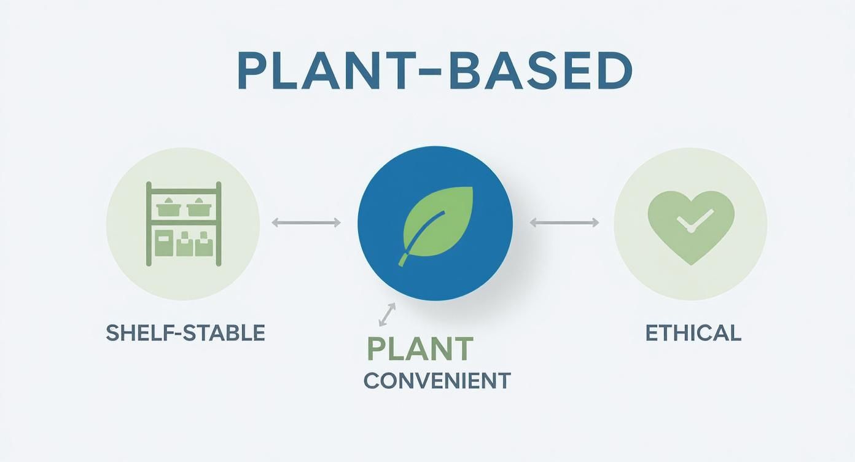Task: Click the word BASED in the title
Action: click(x=541, y=71)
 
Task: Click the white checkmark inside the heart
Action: click(x=694, y=221)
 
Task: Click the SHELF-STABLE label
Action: click(x=185, y=333)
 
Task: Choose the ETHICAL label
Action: click(x=693, y=333)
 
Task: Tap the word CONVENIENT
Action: click(x=437, y=380)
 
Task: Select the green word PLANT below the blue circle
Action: click(x=420, y=348)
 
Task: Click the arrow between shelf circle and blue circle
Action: click(x=306, y=222)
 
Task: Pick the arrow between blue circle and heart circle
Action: click(x=564, y=222)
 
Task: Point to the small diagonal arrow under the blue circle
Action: click(x=387, y=315)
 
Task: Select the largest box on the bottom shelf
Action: click(x=164, y=243)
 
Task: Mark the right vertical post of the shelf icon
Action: click(x=219, y=224)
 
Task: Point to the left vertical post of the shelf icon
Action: click(x=149, y=224)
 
